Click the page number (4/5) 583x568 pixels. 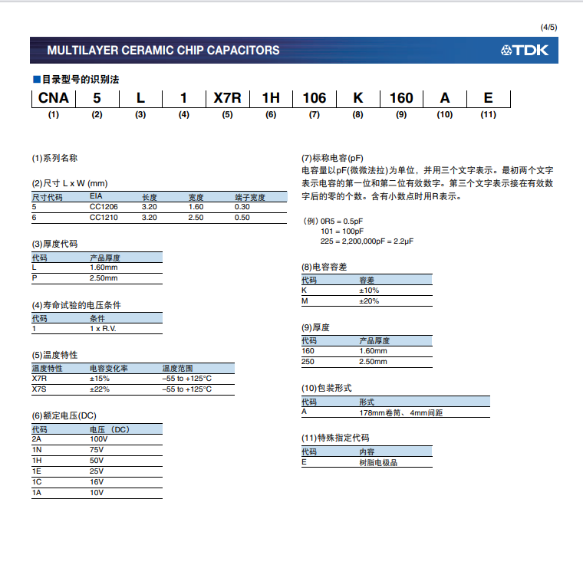coord(549,28)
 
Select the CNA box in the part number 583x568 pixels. coord(53,98)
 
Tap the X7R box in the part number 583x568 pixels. coord(227,98)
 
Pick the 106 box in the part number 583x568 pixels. coord(314,98)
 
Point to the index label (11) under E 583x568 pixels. coord(488,115)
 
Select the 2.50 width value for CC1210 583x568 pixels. coord(196,218)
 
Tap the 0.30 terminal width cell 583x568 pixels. coord(242,207)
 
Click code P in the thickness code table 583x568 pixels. coord(35,278)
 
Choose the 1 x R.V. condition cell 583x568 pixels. coord(103,328)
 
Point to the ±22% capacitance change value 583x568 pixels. coord(100,389)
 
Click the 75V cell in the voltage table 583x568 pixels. coord(97,449)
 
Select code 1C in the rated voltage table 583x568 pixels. coord(37,481)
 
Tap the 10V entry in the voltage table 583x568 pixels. coord(97,492)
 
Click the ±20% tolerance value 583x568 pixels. coord(369,301)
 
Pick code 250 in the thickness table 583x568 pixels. coord(308,361)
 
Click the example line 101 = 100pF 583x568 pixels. coord(342,231)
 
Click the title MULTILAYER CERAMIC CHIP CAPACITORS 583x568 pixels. coord(163,51)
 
